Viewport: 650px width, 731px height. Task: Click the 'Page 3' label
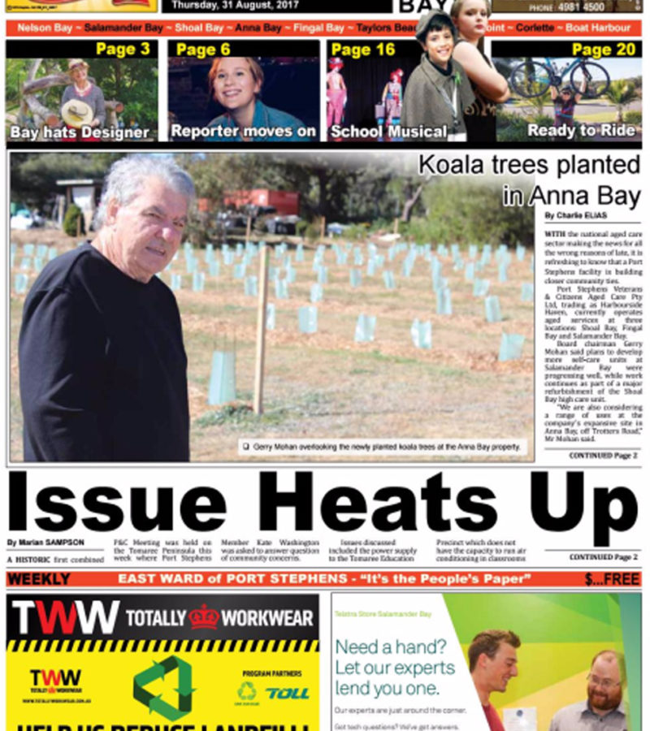click(x=123, y=49)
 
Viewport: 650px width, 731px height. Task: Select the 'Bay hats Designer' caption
click(x=80, y=132)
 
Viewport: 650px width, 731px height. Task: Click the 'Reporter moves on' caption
click(x=243, y=131)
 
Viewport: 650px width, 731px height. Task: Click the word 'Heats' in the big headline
click(x=383, y=504)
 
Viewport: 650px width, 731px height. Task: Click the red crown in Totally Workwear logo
click(x=204, y=617)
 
